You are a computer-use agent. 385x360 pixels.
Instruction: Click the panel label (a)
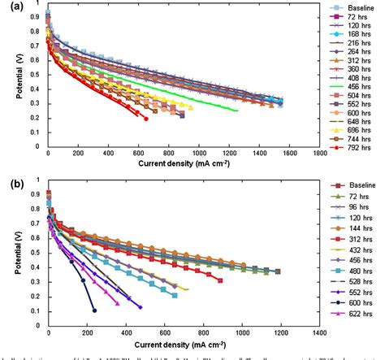click(11, 7)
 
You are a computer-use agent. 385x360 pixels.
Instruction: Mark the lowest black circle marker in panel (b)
click(95, 310)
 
